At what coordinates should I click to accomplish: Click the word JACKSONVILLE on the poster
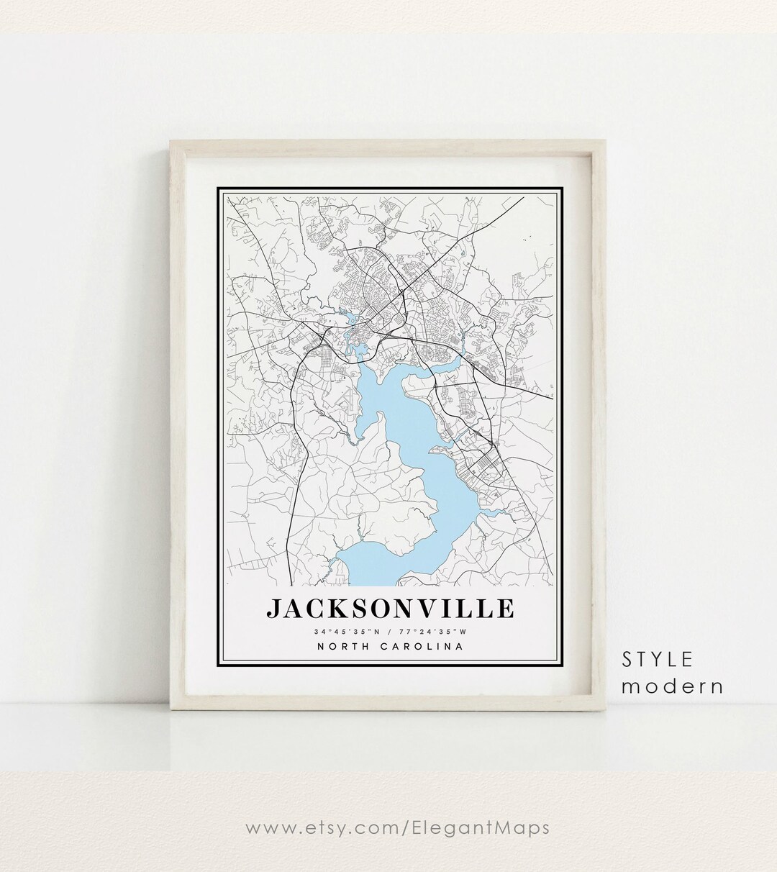click(x=390, y=608)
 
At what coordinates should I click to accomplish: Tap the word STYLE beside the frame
click(x=658, y=660)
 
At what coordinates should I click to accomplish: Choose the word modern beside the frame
click(x=673, y=686)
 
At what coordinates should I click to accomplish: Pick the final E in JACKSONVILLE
click(x=504, y=609)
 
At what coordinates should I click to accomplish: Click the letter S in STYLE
click(x=629, y=660)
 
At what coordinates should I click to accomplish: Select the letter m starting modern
click(x=630, y=686)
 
